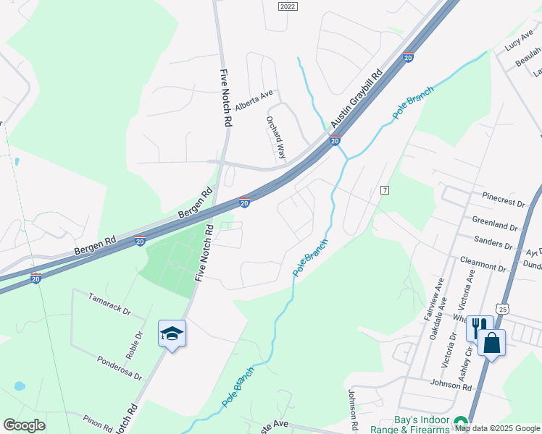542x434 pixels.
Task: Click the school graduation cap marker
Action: [172, 333]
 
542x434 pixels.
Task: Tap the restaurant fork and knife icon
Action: [479, 328]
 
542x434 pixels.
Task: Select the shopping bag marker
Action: [491, 342]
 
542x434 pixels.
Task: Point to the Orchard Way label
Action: [276, 138]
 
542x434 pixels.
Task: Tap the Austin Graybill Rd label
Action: [357, 100]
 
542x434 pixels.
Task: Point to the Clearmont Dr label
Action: [483, 263]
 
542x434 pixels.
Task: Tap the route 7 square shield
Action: [385, 190]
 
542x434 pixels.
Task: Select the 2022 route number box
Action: [288, 6]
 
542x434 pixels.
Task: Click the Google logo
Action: [24, 425]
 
